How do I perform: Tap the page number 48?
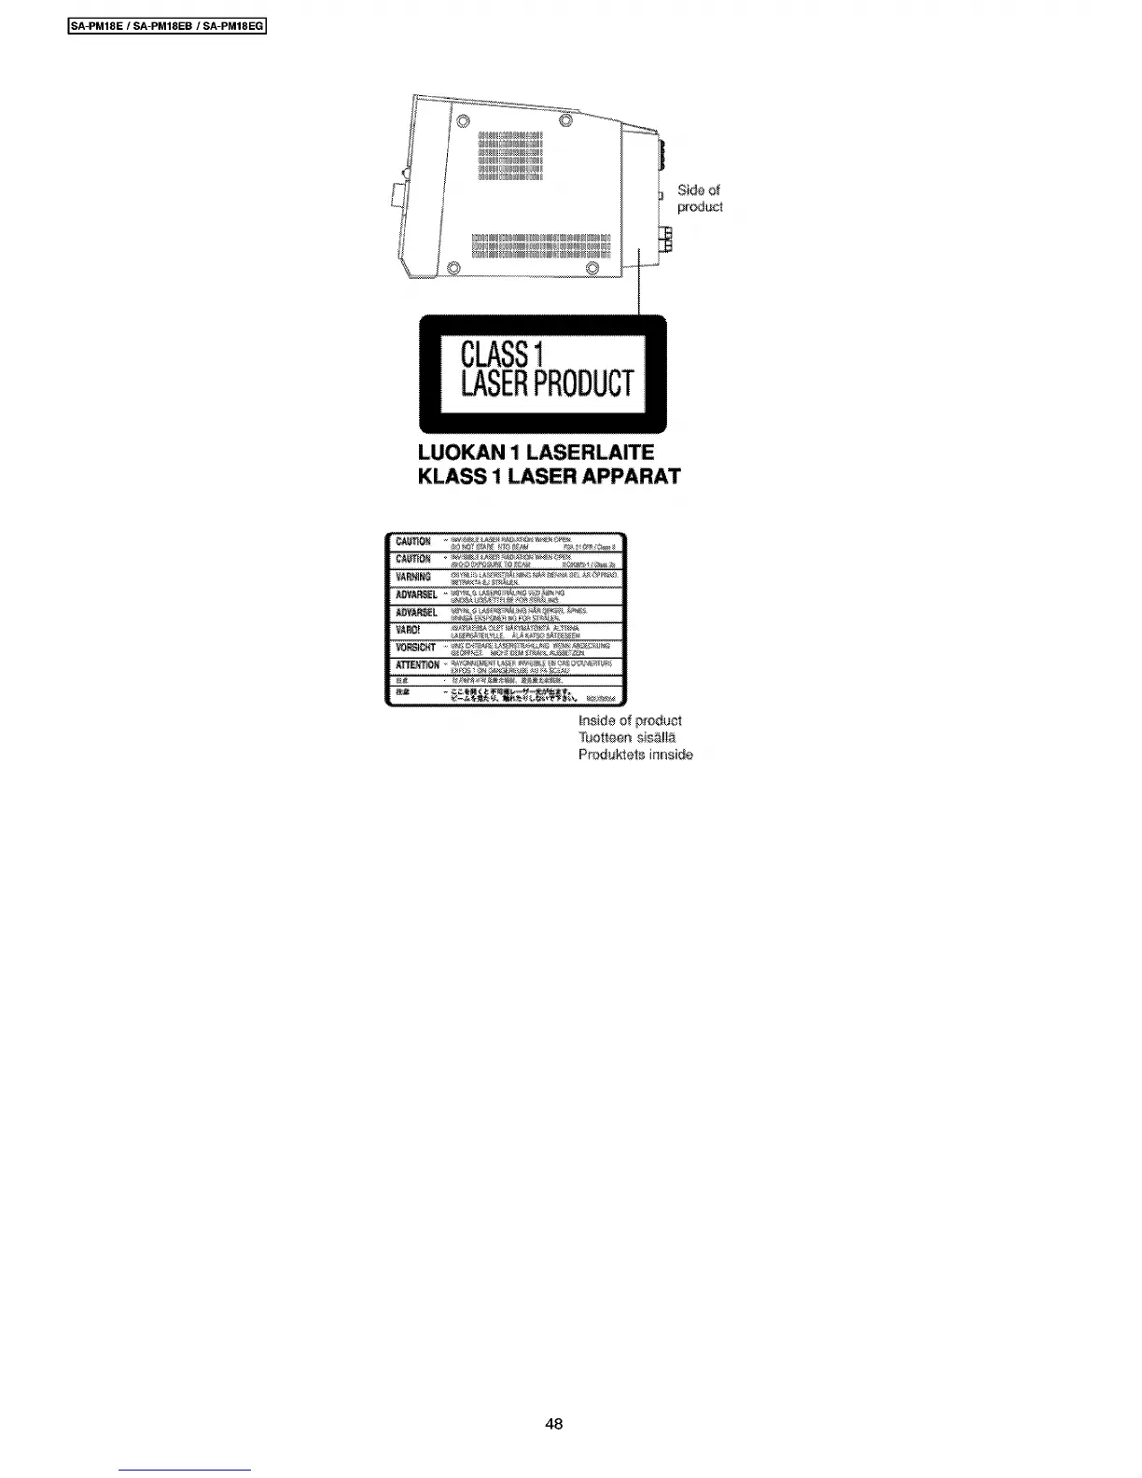554,1424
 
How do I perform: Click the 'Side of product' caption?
699,198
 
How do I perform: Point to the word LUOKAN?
464,453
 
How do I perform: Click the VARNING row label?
411,577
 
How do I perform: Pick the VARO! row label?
409,630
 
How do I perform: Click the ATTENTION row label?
416,665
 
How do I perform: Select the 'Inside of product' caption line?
630,720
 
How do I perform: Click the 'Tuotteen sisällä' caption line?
627,737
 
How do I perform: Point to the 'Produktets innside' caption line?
635,754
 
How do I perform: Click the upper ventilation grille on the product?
509,157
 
